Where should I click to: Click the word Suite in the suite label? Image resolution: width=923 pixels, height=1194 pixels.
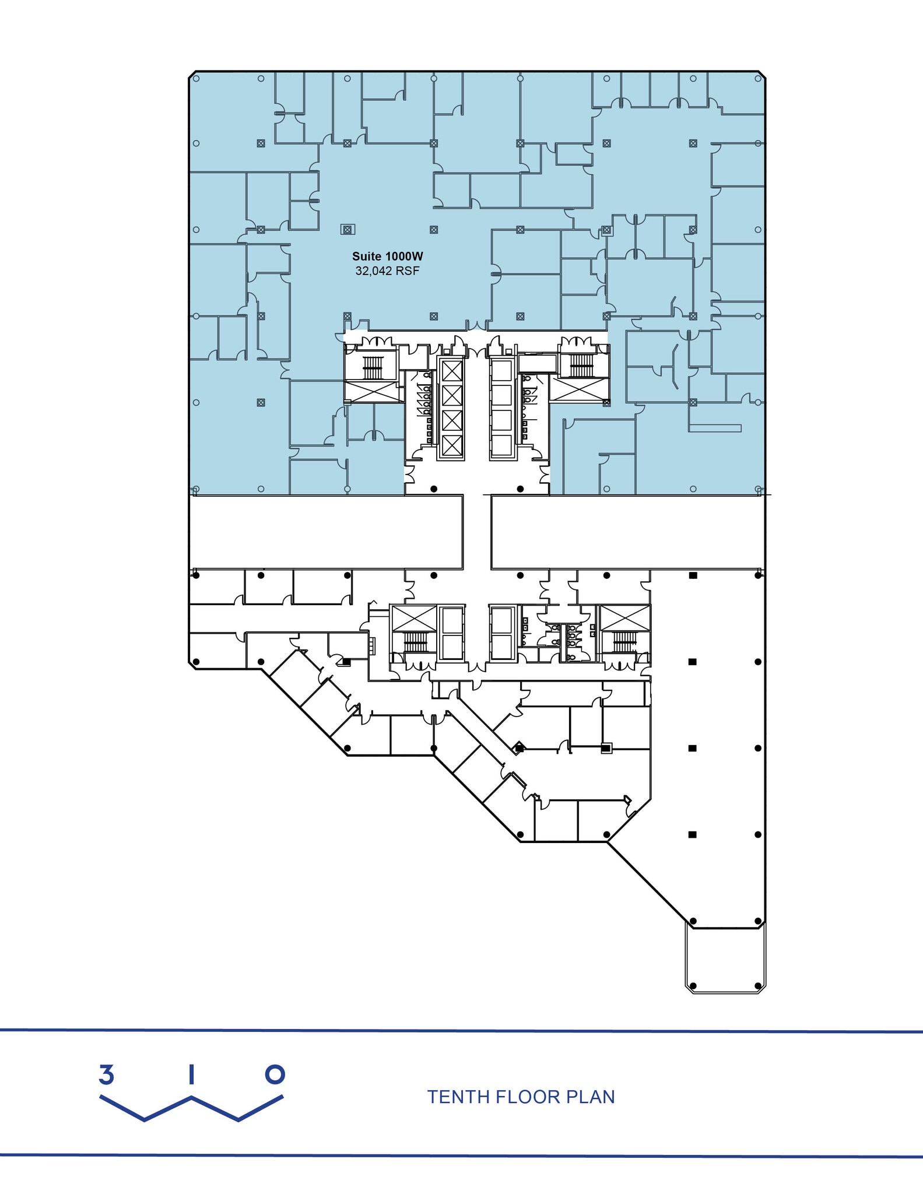click(366, 257)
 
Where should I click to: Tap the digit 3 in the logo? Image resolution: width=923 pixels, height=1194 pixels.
click(106, 1074)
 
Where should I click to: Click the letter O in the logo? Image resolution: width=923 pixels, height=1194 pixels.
click(275, 1074)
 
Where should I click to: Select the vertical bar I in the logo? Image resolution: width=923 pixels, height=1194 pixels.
click(191, 1074)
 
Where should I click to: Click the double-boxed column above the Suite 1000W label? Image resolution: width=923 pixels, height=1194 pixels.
click(348, 230)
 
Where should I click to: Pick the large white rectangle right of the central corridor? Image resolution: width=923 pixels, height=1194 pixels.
click(627, 532)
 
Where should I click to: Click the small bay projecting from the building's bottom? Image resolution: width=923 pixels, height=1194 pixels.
click(725, 958)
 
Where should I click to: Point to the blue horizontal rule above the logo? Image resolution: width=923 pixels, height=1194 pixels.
click(461, 1031)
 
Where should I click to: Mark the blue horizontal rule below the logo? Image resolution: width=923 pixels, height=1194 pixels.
click(461, 1156)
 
